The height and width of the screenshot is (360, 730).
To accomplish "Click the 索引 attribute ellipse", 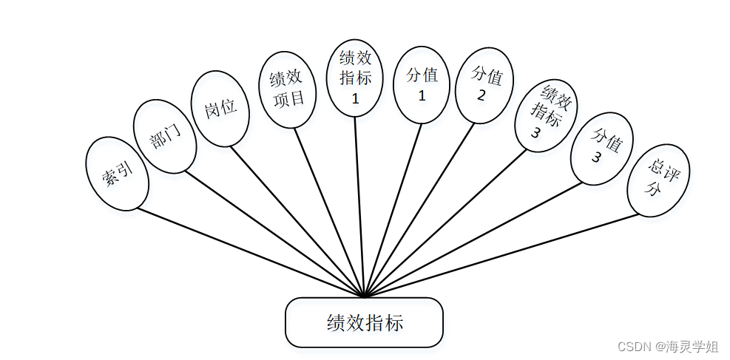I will [x=118, y=174].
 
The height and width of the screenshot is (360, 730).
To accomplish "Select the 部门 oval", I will [x=165, y=137].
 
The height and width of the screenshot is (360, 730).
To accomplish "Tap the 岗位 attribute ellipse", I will [x=220, y=108].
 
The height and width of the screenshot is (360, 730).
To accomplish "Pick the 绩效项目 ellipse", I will [x=288, y=89].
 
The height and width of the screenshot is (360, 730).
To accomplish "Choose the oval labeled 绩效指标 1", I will [x=355, y=78].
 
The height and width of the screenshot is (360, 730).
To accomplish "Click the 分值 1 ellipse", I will [x=422, y=84].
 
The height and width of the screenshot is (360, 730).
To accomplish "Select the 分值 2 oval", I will [x=484, y=86].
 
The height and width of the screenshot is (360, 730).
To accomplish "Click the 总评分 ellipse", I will [x=658, y=180].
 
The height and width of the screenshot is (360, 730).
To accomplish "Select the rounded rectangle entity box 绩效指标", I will [x=364, y=322].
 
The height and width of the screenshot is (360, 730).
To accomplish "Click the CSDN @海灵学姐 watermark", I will [x=668, y=346].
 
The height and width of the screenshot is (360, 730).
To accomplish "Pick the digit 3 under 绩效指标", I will [x=536, y=133].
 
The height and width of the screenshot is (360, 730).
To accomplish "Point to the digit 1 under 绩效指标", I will [x=355, y=100].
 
